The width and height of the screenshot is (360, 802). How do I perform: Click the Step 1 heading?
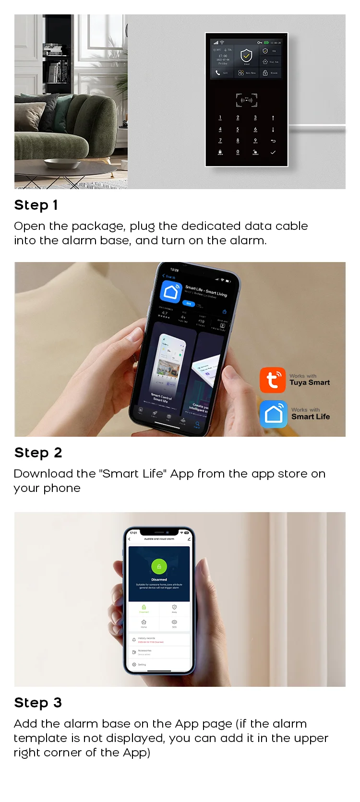36,205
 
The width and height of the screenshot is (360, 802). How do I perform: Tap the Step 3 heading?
38,703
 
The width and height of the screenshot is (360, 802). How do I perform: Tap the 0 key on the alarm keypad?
238,152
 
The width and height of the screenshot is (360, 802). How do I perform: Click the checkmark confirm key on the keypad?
273,152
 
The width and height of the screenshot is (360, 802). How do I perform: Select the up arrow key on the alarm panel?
273,118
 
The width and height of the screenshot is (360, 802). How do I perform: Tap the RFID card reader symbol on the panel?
246,100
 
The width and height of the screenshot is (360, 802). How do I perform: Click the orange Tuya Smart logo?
273,380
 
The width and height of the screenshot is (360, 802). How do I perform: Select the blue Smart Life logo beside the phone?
274,414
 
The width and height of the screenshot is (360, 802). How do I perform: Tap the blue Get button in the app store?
189,303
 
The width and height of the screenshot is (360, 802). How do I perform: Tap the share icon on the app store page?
224,312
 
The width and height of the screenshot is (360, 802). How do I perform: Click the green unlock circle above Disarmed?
159,566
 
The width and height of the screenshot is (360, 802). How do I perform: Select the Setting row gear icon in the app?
134,664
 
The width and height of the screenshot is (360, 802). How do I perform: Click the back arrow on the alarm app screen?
130,539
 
